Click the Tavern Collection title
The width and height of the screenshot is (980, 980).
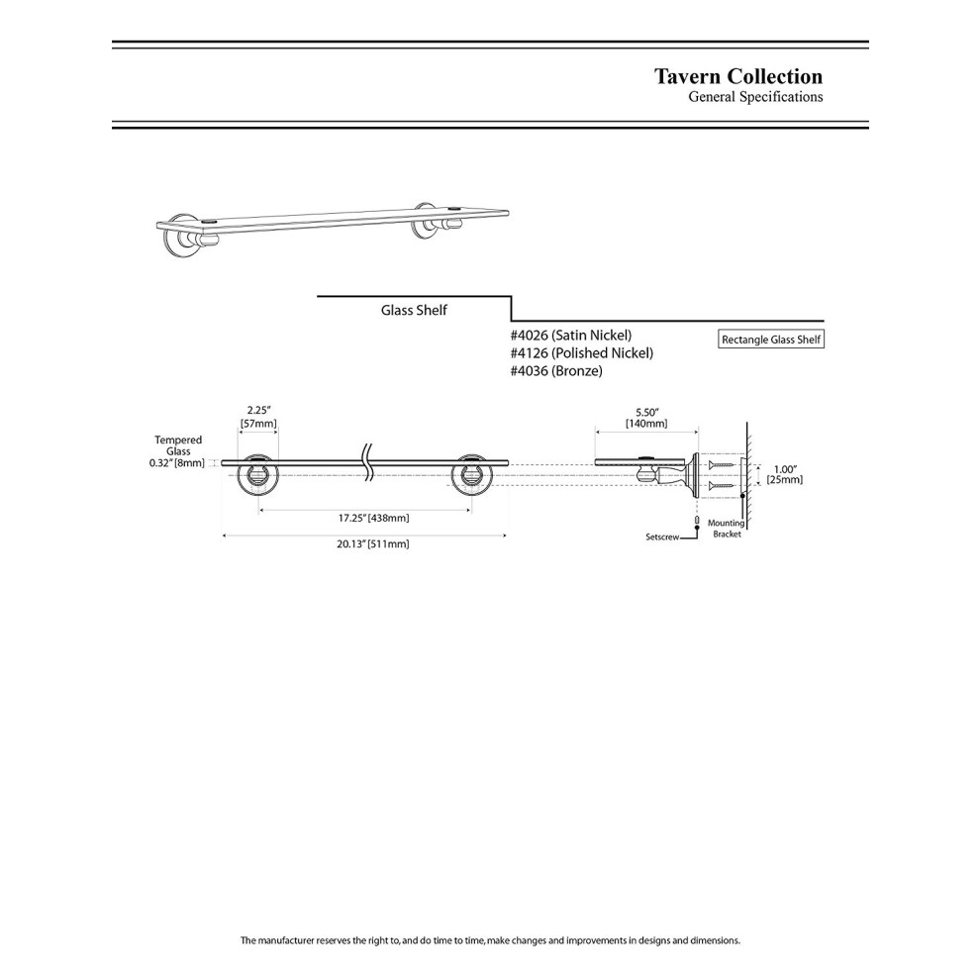pyautogui.click(x=738, y=76)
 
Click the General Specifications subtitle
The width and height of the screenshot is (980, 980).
pyautogui.click(x=755, y=97)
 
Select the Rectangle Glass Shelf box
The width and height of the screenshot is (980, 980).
pyautogui.click(x=770, y=340)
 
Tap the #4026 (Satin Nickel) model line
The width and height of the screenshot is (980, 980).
pyautogui.click(x=571, y=335)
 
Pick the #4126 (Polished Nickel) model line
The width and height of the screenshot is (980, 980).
pyautogui.click(x=582, y=353)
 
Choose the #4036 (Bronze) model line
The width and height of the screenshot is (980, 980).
pyautogui.click(x=556, y=371)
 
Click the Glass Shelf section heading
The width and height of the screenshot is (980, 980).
pyautogui.click(x=414, y=310)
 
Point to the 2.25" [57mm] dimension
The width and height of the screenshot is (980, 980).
pyautogui.click(x=258, y=417)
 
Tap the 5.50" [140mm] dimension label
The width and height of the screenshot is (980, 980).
pyautogui.click(x=646, y=418)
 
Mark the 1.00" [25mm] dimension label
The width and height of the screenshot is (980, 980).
pyautogui.click(x=785, y=474)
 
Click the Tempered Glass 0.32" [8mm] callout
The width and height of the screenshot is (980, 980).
pyautogui.click(x=177, y=451)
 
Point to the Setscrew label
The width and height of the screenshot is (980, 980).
pyautogui.click(x=662, y=537)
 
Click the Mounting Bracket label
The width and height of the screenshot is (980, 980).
pyautogui.click(x=727, y=529)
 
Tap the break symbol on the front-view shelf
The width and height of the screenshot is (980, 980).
pyautogui.click(x=368, y=461)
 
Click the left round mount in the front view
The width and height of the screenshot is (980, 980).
pyautogui.click(x=258, y=475)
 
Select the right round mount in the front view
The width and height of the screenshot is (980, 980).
pyautogui.click(x=472, y=475)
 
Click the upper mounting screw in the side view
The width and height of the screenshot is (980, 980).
pyautogui.click(x=722, y=464)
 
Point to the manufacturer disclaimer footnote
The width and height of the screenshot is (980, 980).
pyautogui.click(x=490, y=940)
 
